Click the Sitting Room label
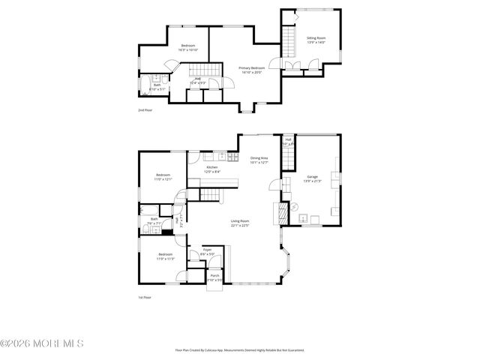point(316,37)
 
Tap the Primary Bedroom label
point(250,68)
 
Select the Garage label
point(311,177)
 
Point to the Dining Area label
point(259,158)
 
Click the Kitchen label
point(212,167)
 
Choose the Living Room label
point(239,221)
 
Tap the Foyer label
point(207,250)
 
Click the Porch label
point(214,275)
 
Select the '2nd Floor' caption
point(145,110)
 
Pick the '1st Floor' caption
point(145,297)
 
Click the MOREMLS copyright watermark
point(42,343)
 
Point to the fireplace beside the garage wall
point(283,212)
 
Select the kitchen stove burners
point(222,156)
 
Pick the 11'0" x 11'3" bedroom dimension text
point(165,258)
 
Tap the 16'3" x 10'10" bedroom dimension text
point(187,49)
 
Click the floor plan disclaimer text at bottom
point(239,349)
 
